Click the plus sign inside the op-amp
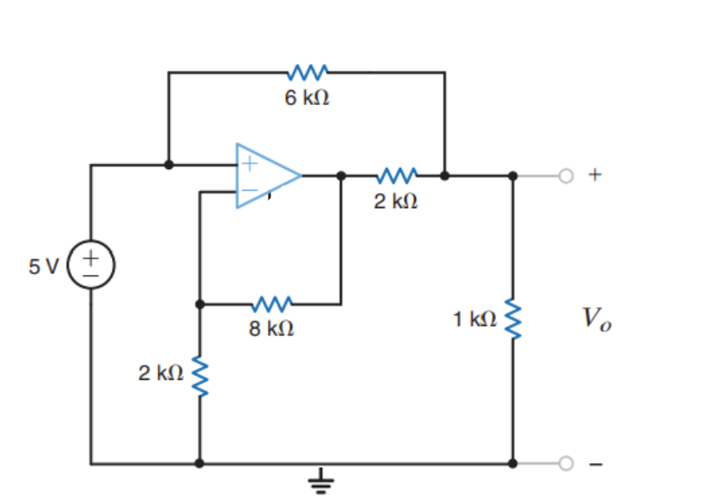pos(249,161)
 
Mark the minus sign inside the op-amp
pos(249,191)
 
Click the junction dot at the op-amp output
pos(341,175)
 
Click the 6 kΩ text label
pos(307,98)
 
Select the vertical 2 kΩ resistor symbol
pos(200,375)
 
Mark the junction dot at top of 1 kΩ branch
pos(512,175)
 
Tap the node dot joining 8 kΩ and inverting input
pos(200,304)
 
